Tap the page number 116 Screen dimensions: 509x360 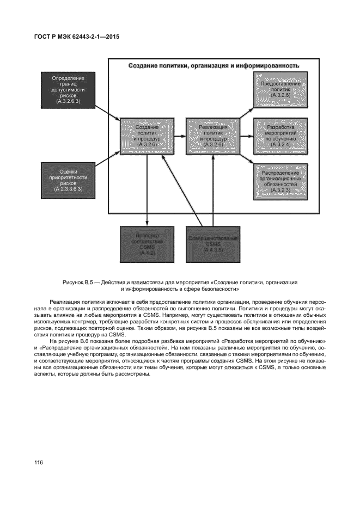coord(39,463)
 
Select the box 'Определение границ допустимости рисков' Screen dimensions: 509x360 coord(68,89)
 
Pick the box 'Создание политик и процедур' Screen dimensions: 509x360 coord(147,136)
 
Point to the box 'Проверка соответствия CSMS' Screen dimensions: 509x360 coord(147,243)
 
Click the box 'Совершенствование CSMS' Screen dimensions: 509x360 coord(212,243)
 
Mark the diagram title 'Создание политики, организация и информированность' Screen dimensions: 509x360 coord(214,66)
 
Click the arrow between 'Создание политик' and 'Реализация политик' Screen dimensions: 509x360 coord(179,136)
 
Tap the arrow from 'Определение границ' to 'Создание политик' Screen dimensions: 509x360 coord(107,112)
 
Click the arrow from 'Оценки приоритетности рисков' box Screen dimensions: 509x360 coord(107,161)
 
